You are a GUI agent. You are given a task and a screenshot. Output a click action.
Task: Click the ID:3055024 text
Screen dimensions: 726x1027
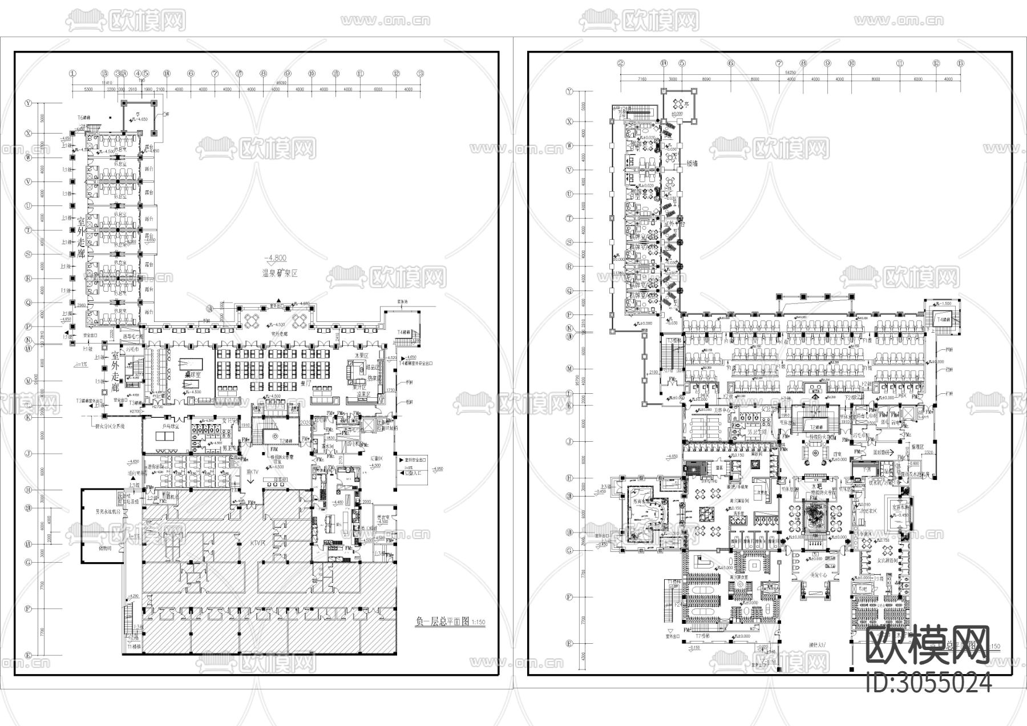928,683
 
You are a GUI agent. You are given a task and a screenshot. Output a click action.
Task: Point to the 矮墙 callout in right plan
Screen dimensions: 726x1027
692,163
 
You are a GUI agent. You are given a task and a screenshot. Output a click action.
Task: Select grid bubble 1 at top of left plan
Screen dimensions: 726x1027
72,74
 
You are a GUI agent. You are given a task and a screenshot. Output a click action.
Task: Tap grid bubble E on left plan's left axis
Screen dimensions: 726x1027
27,655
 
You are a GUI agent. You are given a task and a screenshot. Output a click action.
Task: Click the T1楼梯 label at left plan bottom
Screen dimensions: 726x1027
135,647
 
